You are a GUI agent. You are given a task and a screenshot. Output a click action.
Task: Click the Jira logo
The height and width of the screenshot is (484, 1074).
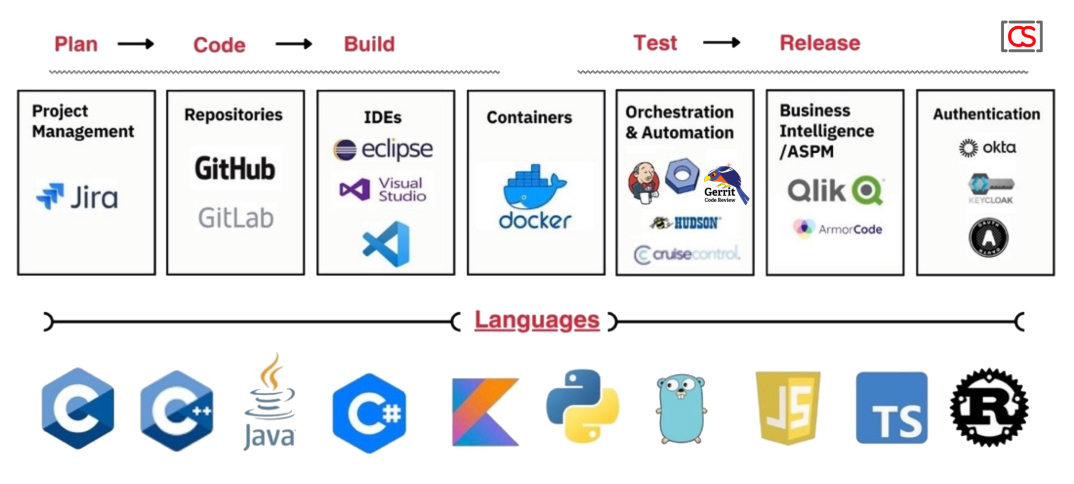[77, 197]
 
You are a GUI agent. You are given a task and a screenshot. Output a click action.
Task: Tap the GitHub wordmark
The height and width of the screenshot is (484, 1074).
[234, 169]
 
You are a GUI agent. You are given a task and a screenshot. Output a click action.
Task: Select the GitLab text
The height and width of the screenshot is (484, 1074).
[235, 217]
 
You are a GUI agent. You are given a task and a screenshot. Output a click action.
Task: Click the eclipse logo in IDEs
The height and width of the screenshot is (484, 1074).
[383, 150]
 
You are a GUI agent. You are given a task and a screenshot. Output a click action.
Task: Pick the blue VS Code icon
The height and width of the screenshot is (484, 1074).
[386, 244]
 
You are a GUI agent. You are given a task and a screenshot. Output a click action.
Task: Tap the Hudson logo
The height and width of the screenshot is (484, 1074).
[685, 223]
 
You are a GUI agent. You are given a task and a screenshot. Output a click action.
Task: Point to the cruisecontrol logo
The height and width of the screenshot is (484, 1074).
[687, 255]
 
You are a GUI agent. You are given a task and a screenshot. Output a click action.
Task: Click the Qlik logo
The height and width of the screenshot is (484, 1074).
[834, 191]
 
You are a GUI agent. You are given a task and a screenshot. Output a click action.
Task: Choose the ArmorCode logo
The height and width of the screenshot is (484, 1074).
[837, 229]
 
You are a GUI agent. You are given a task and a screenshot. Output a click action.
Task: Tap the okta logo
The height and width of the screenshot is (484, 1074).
[987, 148]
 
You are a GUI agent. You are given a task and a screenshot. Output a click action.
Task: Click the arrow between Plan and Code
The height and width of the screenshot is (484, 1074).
[135, 44]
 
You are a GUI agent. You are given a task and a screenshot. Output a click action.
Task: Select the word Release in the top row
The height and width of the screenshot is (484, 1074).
[820, 43]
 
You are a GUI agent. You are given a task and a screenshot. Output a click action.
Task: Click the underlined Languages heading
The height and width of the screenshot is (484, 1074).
[536, 320]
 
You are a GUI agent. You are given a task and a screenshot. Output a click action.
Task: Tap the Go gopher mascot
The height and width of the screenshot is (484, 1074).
[681, 408]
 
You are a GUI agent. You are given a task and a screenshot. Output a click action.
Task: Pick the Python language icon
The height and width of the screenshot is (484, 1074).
[583, 406]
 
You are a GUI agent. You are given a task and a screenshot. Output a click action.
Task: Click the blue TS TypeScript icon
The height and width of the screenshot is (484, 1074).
[892, 408]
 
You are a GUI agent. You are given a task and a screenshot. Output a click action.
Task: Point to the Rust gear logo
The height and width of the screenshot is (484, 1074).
[989, 407]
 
